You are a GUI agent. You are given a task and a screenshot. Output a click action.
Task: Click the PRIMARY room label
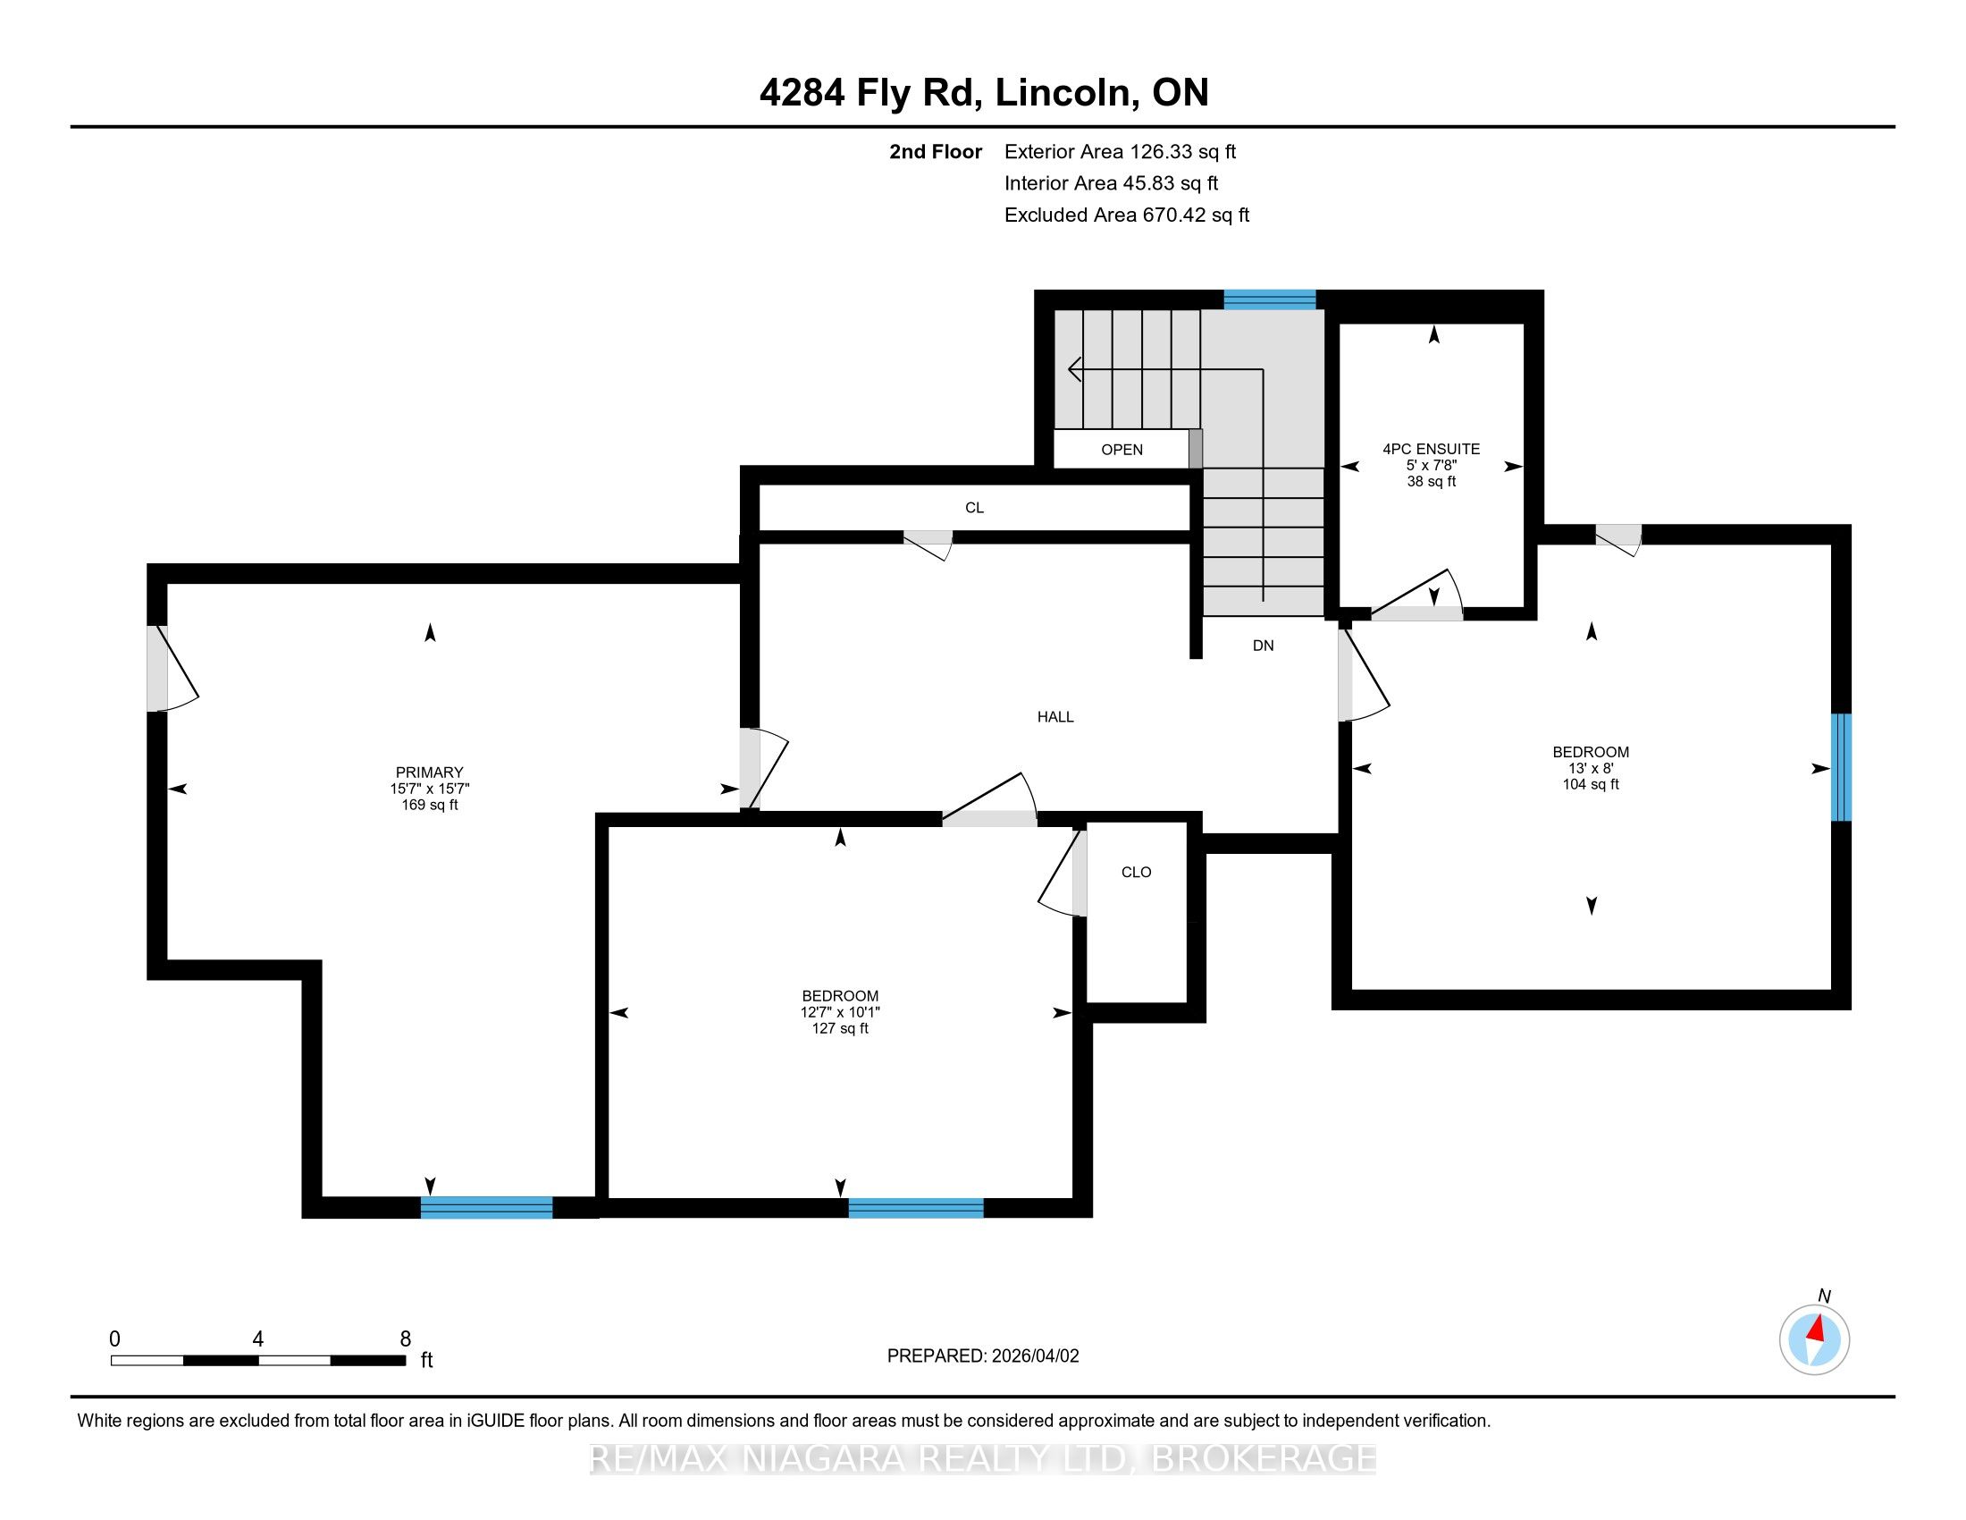pyautogui.click(x=429, y=772)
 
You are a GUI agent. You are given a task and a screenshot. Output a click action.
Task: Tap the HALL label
pyautogui.click(x=1055, y=717)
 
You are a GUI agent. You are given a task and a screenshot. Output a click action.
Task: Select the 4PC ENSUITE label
pyautogui.click(x=1432, y=449)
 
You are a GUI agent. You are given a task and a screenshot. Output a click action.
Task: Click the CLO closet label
pyautogui.click(x=1136, y=872)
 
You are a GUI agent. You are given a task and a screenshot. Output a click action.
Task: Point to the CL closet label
pyautogui.click(x=974, y=508)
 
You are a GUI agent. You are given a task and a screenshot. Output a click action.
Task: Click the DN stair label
pyautogui.click(x=1263, y=645)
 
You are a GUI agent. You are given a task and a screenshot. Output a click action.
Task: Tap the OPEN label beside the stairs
pyautogui.click(x=1122, y=450)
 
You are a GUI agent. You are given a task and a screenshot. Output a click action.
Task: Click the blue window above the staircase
pyautogui.click(x=1269, y=300)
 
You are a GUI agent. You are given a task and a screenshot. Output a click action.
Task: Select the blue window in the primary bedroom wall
pyautogui.click(x=486, y=1208)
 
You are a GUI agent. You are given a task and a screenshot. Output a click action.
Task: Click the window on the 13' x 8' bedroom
pyautogui.click(x=1842, y=767)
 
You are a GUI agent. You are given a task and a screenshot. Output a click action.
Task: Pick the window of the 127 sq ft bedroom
pyautogui.click(x=915, y=1208)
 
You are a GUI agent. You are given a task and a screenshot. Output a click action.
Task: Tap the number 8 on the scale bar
pyautogui.click(x=405, y=1338)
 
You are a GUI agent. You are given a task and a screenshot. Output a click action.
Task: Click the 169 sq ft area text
pyautogui.click(x=429, y=805)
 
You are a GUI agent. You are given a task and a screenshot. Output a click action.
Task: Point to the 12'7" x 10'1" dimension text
pyautogui.click(x=840, y=1012)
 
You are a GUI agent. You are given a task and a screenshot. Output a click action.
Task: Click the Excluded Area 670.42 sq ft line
pyautogui.click(x=1127, y=215)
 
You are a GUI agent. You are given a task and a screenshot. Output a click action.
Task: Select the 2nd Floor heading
pyautogui.click(x=936, y=151)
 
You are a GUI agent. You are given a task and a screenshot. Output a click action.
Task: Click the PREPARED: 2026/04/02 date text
pyautogui.click(x=983, y=1355)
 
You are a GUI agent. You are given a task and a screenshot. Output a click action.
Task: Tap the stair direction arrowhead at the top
pyautogui.click(x=1075, y=369)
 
